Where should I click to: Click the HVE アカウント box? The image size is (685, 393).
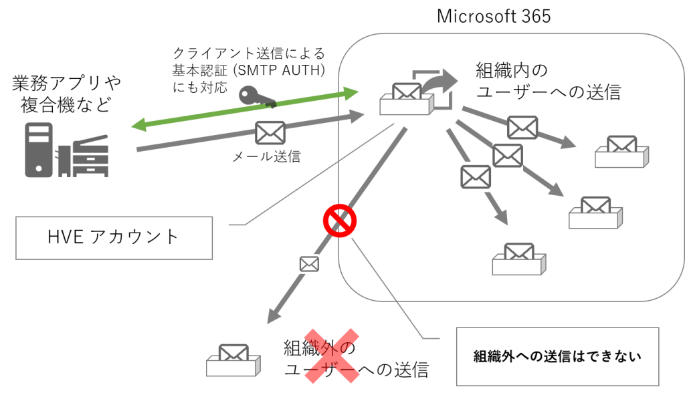[x=114, y=236]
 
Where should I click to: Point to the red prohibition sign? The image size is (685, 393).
[x=338, y=221]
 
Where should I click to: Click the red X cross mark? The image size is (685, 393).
[x=332, y=356]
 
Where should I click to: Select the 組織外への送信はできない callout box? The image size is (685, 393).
[x=557, y=356]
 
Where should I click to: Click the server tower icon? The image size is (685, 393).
[x=39, y=149]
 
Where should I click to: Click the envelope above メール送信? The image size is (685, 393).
[x=270, y=133]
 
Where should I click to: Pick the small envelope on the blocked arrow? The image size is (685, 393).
[x=309, y=263]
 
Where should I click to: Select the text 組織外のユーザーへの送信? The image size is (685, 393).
[x=355, y=359]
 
